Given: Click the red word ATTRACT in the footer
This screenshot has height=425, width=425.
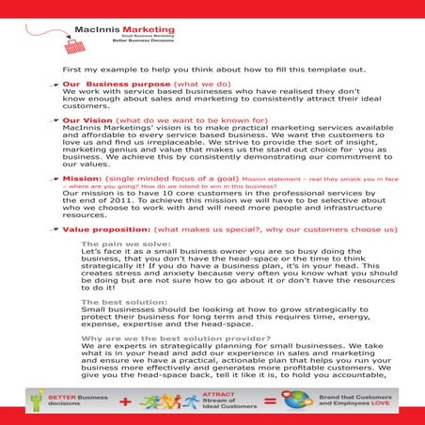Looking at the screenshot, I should point(233,396).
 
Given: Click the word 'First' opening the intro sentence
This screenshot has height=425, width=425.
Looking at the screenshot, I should point(71,70).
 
